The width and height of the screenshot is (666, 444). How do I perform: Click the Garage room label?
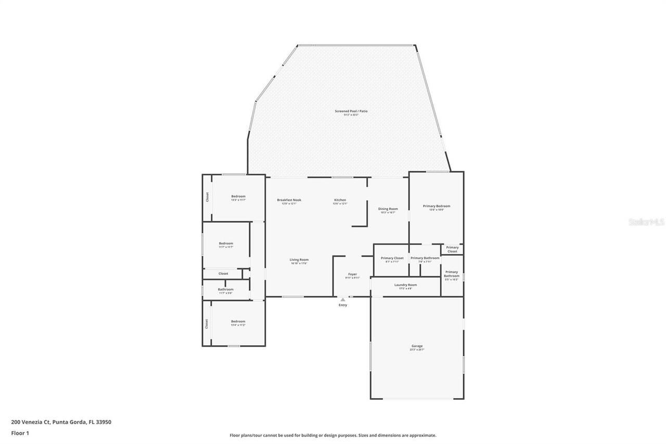[417, 346]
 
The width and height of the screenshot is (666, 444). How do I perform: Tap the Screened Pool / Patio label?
[351, 111]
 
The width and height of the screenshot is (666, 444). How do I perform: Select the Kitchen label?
[340, 200]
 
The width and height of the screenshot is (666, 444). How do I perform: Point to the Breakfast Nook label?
[289, 200]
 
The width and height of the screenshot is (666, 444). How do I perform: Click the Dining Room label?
[388, 209]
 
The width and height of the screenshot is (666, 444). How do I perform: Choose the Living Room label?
[299, 260]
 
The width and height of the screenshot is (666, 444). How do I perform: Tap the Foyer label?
[352, 274]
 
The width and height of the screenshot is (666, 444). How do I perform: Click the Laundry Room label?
[405, 285]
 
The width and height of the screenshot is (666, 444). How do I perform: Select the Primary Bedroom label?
[436, 207]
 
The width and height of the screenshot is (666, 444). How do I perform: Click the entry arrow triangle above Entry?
[342, 299]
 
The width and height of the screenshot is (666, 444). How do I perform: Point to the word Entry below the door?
[342, 305]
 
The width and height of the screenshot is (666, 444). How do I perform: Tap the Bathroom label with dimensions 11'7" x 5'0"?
[225, 290]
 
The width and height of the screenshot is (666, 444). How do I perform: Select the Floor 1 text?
[20, 433]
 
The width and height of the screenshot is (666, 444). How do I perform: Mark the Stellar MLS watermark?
[646, 222]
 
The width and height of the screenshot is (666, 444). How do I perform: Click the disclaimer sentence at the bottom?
[333, 435]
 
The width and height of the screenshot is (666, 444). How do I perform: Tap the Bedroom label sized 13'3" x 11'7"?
[238, 197]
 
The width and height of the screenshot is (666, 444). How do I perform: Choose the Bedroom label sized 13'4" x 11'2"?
[238, 322]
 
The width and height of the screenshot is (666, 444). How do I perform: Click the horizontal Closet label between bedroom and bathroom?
[223, 273]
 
